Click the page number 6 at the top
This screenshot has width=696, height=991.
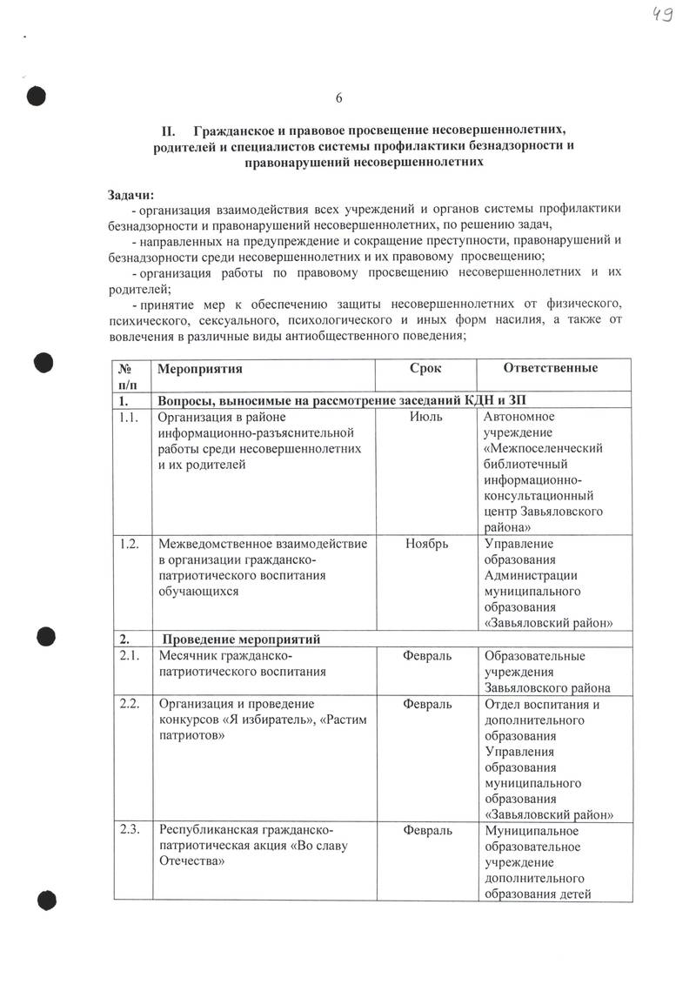coord(339,97)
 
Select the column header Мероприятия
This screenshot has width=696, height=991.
coord(199,368)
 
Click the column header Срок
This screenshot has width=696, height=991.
coord(425,368)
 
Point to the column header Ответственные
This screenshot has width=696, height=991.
coord(551,368)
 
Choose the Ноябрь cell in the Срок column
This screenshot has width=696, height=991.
coord(426,544)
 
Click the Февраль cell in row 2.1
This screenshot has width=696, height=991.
coord(427,655)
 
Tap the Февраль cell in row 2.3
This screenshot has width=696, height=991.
coord(427,830)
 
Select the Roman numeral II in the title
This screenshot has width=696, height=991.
coord(170,130)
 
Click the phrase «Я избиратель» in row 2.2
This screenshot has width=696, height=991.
coord(264,720)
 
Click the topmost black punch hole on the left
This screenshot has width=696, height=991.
coord(37,97)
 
